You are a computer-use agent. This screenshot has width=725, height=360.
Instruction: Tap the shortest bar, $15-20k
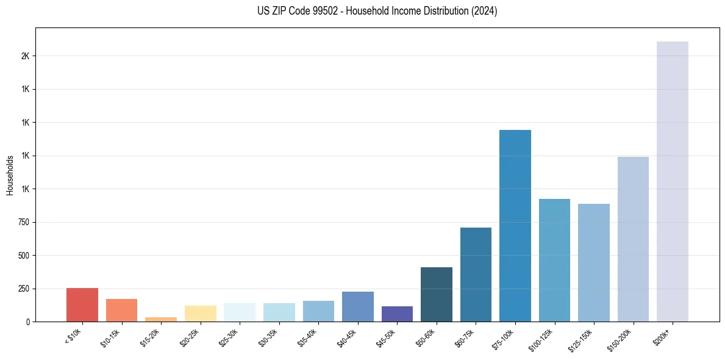161,319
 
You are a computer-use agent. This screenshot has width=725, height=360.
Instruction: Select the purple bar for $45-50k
397,314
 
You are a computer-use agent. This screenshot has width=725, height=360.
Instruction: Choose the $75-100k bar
515,226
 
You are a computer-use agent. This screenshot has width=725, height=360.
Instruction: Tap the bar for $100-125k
554,260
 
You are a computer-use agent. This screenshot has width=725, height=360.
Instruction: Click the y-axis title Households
10,175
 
